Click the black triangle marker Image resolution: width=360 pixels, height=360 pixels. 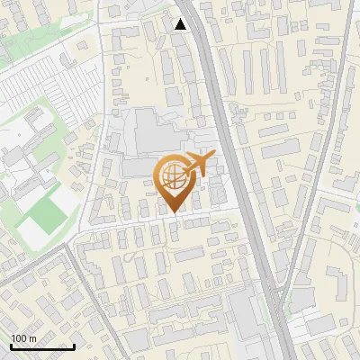[x=181, y=24]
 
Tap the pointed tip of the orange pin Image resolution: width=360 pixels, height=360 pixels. [x=174, y=212]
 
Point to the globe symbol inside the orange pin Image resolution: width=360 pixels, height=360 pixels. [x=174, y=177]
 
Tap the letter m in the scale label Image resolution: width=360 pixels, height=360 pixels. [x=32, y=338]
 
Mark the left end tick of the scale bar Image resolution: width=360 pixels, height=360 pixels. [x=11, y=346]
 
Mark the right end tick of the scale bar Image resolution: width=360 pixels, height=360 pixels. [x=74, y=346]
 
